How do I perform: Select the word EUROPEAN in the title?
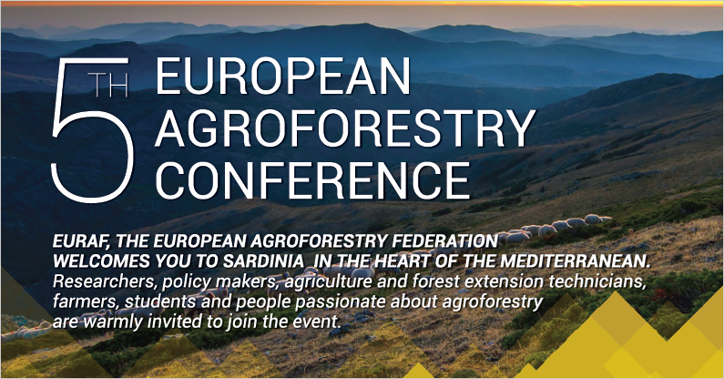[282, 76]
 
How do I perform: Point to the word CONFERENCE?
[312, 180]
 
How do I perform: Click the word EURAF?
[80, 241]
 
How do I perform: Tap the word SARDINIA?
[263, 261]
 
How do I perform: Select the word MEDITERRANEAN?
[576, 261]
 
